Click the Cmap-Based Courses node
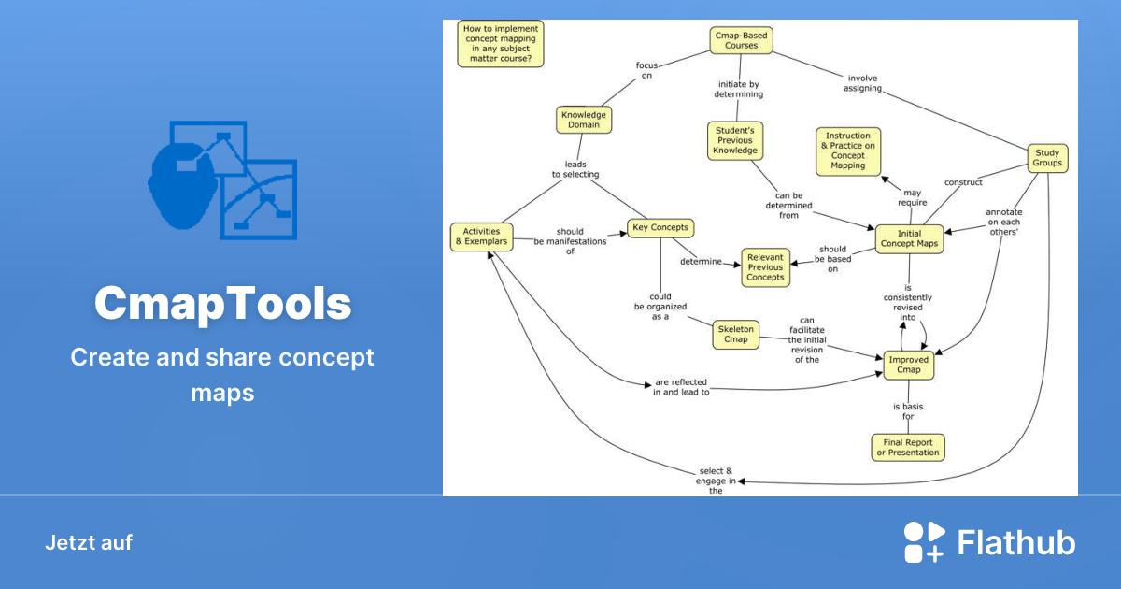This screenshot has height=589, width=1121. [741, 39]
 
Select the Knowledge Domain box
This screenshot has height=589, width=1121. [583, 120]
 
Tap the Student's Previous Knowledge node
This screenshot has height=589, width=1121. [735, 140]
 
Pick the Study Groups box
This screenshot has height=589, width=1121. [1047, 157]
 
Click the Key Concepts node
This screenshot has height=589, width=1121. [660, 227]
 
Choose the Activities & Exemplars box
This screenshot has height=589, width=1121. [481, 236]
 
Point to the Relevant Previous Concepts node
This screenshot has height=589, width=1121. [765, 267]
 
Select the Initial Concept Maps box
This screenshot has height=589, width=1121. [909, 238]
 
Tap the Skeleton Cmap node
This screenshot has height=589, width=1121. [735, 334]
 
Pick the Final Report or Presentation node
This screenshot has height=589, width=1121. [907, 447]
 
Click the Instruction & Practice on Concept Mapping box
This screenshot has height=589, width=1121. [847, 151]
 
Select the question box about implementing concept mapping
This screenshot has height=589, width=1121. [500, 44]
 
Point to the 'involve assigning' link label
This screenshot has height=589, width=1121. [862, 83]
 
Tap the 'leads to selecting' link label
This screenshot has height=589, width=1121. [575, 168]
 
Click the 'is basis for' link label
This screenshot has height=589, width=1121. [907, 411]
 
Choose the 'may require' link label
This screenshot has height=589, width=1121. [912, 197]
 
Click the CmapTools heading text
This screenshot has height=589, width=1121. [222, 304]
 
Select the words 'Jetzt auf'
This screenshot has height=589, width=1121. [89, 542]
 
